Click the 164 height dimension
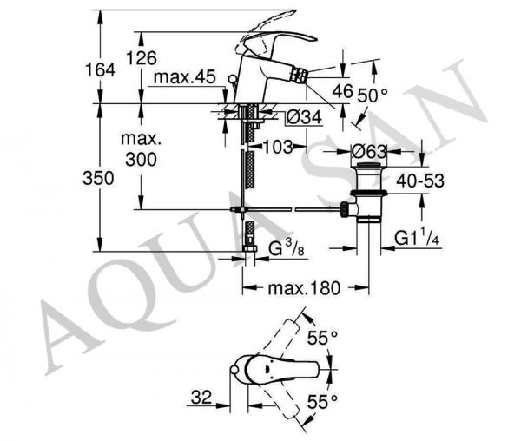pyautogui.click(x=100, y=70)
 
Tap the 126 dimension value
pyautogui.click(x=142, y=58)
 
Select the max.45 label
pyautogui.click(x=185, y=77)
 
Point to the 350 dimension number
pyautogui.click(x=98, y=178)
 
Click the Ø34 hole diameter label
pyautogui.click(x=304, y=117)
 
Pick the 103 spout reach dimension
pyautogui.click(x=278, y=147)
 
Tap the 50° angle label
pyautogui.click(x=373, y=96)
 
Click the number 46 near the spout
pyautogui.click(x=342, y=91)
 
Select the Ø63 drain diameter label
pyautogui.click(x=369, y=152)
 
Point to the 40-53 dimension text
pyautogui.click(x=420, y=181)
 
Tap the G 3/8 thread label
pyautogui.click(x=286, y=248)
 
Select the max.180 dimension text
pyautogui.click(x=304, y=288)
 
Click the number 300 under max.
pyautogui.click(x=142, y=160)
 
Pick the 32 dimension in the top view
pyautogui.click(x=201, y=397)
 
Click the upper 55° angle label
pyautogui.click(x=322, y=338)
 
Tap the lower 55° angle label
pyautogui.click(x=322, y=402)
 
